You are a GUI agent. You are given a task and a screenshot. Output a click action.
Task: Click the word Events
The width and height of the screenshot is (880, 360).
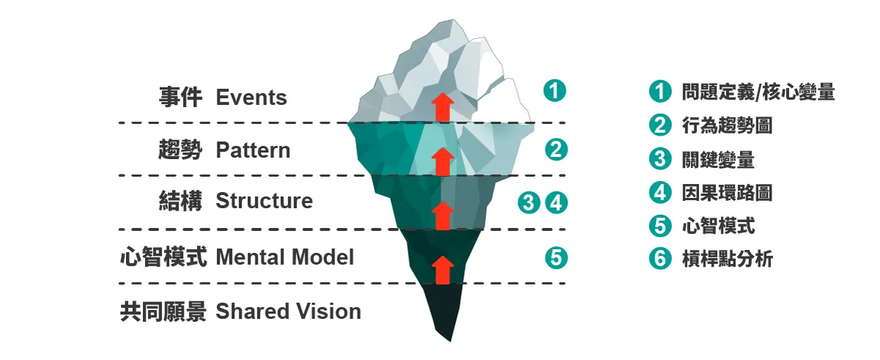click(x=251, y=98)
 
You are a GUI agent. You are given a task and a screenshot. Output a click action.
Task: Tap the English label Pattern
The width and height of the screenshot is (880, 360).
click(x=253, y=150)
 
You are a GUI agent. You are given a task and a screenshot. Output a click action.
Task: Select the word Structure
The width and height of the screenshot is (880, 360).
click(x=264, y=201)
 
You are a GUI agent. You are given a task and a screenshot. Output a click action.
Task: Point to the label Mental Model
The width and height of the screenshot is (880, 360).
click(x=285, y=257)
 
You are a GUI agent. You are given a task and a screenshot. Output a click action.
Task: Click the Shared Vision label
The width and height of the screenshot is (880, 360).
click(x=288, y=312)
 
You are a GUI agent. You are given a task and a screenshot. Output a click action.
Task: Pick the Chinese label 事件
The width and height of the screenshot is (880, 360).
click(x=180, y=98)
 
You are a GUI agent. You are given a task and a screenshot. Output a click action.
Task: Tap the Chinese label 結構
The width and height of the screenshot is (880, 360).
click(x=180, y=201)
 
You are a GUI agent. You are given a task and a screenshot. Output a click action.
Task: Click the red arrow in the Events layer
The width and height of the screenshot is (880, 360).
click(x=441, y=106)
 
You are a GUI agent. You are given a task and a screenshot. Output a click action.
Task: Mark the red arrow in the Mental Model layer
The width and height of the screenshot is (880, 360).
click(x=441, y=269)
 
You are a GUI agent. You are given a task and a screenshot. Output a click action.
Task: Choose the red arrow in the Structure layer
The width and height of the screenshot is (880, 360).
click(x=441, y=215)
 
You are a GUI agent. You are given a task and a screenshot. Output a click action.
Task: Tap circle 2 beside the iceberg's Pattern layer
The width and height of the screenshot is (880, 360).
click(x=556, y=150)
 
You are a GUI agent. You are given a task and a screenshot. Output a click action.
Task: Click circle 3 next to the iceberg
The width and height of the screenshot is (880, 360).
click(x=528, y=202)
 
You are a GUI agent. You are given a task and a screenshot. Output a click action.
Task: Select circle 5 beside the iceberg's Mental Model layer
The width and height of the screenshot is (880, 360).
click(x=556, y=257)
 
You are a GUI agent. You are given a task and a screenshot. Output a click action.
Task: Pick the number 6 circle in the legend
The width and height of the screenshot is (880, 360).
click(x=660, y=259)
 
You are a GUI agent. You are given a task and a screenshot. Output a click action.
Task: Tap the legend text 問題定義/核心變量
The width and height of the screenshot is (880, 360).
click(x=758, y=92)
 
